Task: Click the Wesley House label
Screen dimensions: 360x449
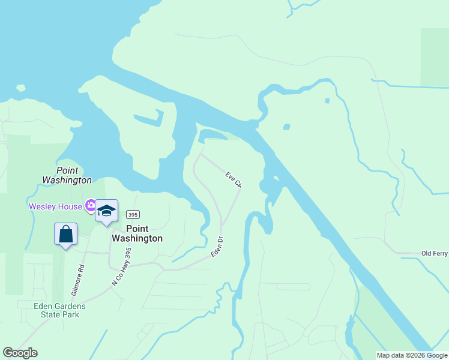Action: pos(57,206)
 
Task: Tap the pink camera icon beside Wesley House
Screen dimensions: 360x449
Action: pos(91,206)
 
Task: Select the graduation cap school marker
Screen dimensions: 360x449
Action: pos(107,211)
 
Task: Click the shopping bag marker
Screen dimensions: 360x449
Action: pos(66,234)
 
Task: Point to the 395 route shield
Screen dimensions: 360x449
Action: pos(133,215)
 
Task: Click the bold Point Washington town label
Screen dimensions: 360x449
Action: pos(137,233)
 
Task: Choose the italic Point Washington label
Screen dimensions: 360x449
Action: pos(67,175)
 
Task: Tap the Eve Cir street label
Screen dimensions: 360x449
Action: pos(234,179)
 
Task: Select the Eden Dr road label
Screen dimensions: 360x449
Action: pos(217,247)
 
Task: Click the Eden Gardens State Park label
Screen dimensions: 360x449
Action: pos(59,310)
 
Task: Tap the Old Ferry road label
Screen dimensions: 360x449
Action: pos(435,254)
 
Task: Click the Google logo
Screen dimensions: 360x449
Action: pos(20,353)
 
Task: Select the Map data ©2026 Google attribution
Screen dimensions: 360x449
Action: pos(412,355)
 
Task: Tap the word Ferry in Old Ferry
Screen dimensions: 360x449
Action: pos(440,254)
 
